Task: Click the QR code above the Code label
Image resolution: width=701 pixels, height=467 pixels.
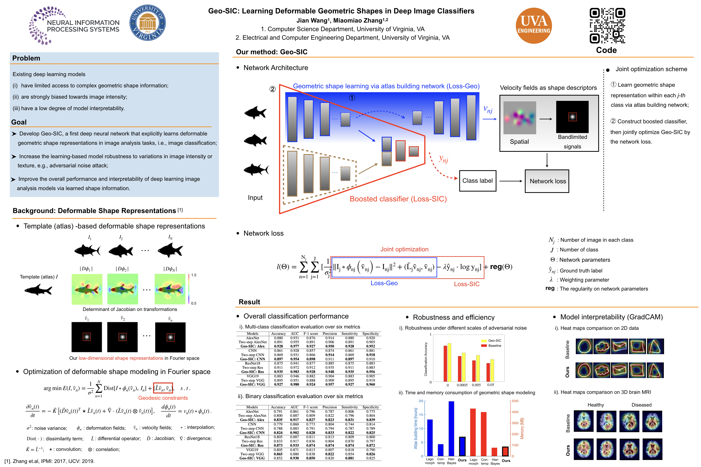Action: [607, 26]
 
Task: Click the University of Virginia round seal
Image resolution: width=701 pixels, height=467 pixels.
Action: [148, 23]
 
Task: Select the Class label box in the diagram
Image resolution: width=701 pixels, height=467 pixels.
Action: [477, 181]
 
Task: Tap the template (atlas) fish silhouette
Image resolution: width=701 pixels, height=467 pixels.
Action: [38, 290]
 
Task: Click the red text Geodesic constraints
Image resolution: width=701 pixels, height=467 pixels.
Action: [163, 398]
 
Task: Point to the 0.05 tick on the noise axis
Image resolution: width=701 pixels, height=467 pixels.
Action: [490, 385]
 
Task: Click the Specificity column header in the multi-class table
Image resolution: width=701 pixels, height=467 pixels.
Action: [371, 334]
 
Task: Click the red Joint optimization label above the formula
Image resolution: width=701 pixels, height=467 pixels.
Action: [404, 249]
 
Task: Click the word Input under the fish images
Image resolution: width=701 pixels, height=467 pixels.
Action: [255, 198]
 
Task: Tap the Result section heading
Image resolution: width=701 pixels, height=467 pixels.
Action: [249, 302]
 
